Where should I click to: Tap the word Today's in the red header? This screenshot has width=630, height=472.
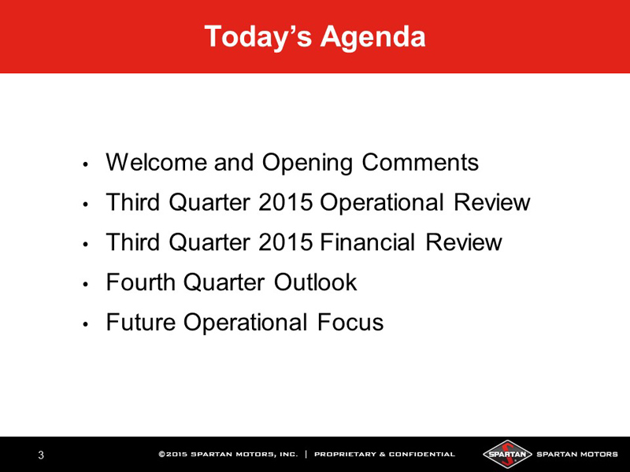pos(258,36)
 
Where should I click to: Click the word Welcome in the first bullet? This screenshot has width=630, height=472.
pos(157,162)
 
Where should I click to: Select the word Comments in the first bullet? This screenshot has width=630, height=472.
pos(421,162)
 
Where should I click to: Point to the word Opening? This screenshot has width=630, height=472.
pos(307,164)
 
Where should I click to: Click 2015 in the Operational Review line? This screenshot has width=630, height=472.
pos(286,202)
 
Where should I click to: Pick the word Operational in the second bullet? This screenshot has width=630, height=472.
pos(382,203)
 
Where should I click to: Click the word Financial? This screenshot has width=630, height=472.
pos(368,242)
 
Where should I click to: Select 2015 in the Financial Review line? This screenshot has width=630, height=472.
pos(286,242)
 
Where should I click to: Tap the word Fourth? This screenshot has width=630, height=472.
pos(141,282)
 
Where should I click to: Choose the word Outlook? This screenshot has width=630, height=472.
pos(316,282)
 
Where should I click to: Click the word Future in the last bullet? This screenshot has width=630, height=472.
pos(141,322)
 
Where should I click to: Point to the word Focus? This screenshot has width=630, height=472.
pos(350,322)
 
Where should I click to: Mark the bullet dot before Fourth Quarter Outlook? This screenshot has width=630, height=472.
pos(85,284)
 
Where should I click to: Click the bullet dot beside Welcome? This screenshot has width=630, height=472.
pos(85,164)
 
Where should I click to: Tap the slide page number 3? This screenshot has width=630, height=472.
pos(41,455)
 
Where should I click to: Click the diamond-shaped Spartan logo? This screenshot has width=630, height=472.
pos(507,455)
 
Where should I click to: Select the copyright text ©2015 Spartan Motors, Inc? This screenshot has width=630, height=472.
pos(228,455)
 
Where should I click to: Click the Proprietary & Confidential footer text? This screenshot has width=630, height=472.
pos(384,455)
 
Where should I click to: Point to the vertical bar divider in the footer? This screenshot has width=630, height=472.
pos(306,455)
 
